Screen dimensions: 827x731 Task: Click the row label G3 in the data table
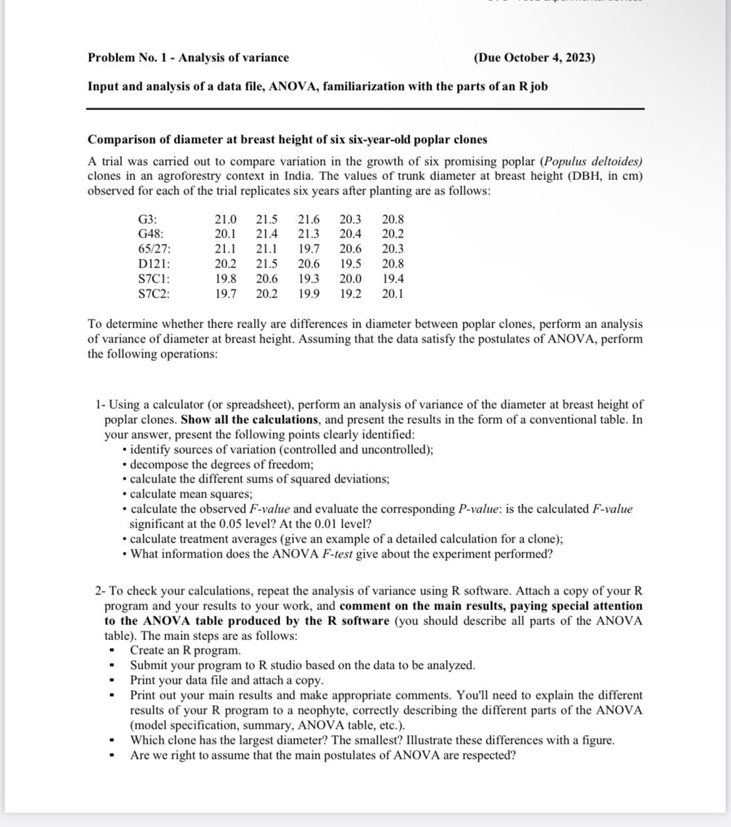click(147, 219)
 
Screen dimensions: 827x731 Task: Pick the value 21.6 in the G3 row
click(308, 219)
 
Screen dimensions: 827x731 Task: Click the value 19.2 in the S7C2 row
click(350, 294)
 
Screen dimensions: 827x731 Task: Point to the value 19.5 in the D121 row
click(350, 264)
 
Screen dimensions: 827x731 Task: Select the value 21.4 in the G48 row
click(267, 234)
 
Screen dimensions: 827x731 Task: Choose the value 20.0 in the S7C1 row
click(350, 279)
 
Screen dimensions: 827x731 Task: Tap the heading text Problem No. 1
click(129, 58)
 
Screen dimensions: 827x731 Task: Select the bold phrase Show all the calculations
click(250, 419)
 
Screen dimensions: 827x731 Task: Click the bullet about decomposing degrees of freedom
click(221, 464)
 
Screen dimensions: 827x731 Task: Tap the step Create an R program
click(185, 650)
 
